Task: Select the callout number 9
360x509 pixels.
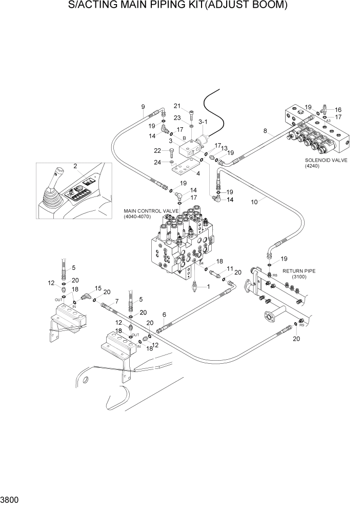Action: (x=143, y=107)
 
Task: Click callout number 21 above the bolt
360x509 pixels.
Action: (x=177, y=106)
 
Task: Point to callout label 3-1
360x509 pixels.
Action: (x=203, y=122)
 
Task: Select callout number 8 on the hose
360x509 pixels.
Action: (x=265, y=131)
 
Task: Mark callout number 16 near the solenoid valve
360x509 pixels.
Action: (x=338, y=109)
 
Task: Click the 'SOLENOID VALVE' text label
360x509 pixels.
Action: (x=326, y=161)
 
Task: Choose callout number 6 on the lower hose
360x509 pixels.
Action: (x=164, y=315)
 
